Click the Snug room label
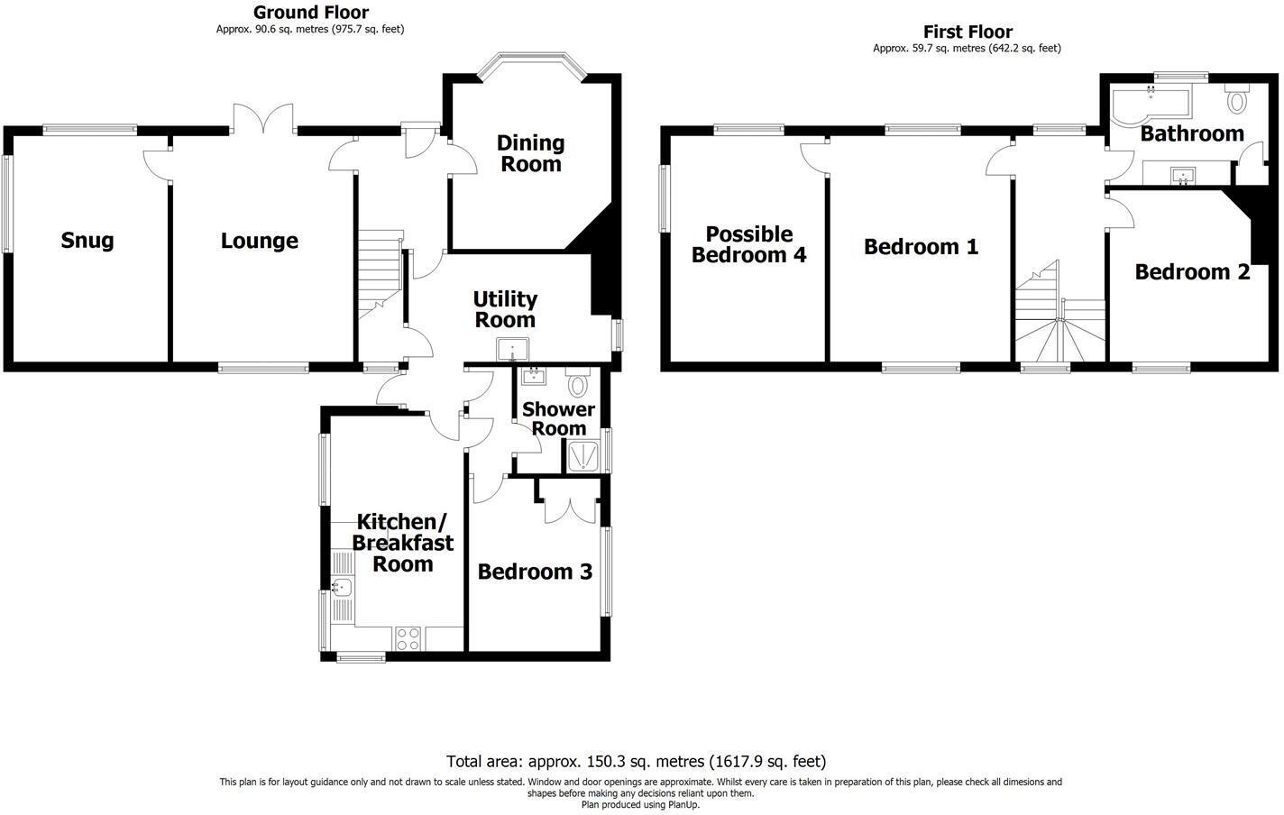click(87, 241)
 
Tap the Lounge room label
click(260, 241)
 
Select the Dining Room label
click(530, 153)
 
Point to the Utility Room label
click(505, 309)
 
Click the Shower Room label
click(558, 419)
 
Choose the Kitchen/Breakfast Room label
click(402, 543)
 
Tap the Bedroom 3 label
click(535, 572)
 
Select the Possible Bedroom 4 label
click(748, 244)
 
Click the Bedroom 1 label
click(921, 246)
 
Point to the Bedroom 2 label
click(1192, 271)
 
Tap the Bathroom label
click(1191, 133)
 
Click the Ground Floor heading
click(310, 13)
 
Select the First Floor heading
click(967, 32)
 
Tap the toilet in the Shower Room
click(578, 385)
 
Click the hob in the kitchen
click(408, 638)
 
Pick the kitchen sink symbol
click(342, 588)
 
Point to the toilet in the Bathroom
click(1236, 99)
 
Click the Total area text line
click(636, 761)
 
